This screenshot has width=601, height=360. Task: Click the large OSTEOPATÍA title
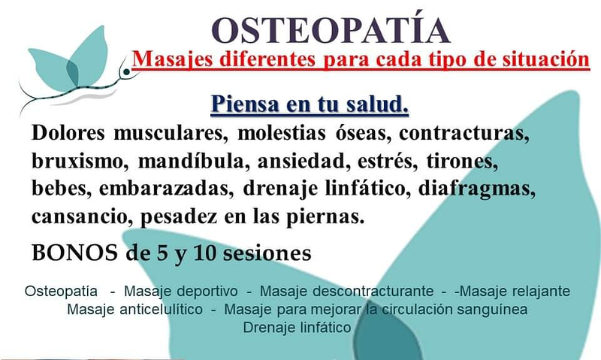point(331,29)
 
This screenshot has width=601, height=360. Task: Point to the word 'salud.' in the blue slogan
point(373,104)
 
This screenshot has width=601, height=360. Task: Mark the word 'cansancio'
point(77,216)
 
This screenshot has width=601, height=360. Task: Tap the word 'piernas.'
point(331,216)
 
